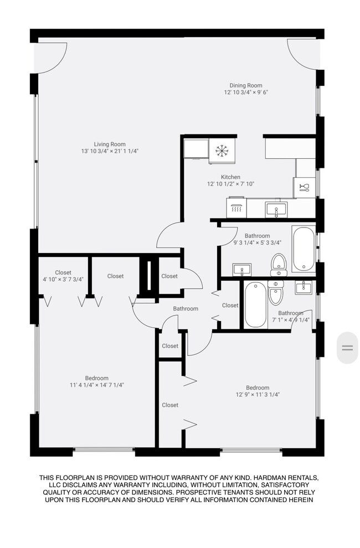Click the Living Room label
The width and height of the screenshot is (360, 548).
click(110, 144)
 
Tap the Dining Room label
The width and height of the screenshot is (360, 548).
click(245, 85)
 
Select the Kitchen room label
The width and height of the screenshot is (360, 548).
click(230, 177)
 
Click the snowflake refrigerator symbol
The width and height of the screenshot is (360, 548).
click(222, 151)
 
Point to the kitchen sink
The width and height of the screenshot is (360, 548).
click(276, 210)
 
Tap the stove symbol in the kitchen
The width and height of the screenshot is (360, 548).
click(236, 208)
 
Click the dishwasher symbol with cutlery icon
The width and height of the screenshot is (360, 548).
click(304, 187)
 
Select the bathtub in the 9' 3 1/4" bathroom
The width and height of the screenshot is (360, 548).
click(304, 249)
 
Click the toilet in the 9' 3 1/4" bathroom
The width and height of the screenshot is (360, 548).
click(279, 265)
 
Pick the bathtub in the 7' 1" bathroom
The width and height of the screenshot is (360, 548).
click(256, 305)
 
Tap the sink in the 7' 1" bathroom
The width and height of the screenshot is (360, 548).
click(304, 287)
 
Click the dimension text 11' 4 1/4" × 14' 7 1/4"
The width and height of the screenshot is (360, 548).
click(97, 385)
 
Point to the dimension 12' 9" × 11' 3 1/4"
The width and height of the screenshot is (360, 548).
click(258, 395)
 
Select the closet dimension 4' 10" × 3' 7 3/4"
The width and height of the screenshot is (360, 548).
click(63, 279)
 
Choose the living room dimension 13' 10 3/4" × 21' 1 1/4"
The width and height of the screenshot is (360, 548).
click(110, 151)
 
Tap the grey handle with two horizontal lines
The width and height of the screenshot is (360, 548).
click(347, 348)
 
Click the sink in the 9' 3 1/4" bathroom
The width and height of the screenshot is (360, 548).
click(241, 270)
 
